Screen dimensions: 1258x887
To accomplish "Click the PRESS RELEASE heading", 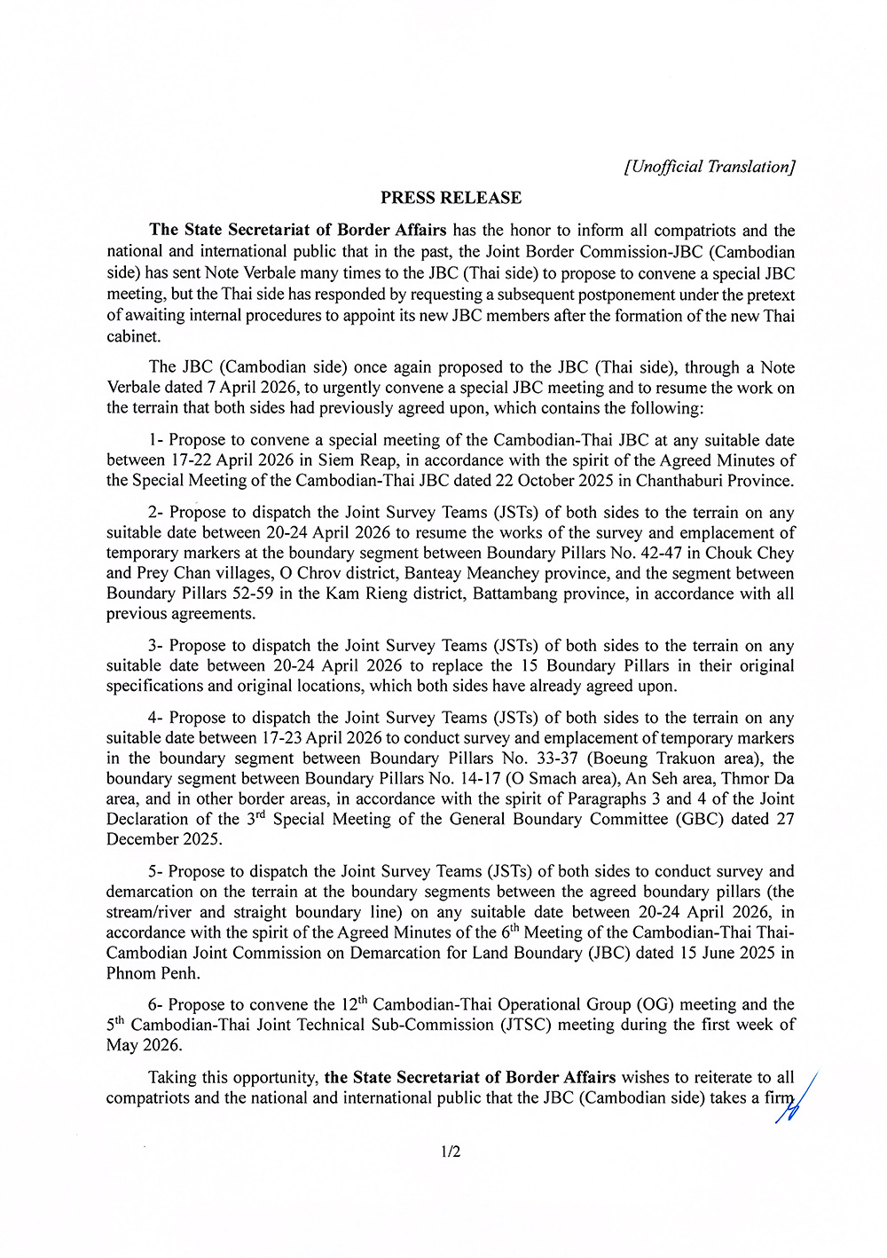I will [451, 198].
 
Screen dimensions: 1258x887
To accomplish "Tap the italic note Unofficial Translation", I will [710, 167].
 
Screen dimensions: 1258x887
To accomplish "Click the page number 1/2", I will [451, 1152].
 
